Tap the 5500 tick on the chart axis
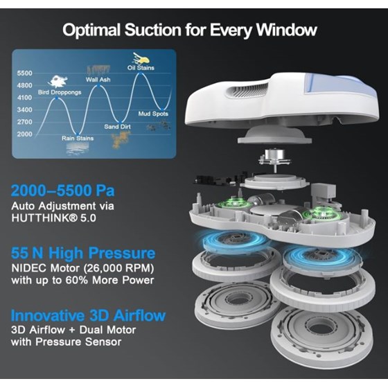24,73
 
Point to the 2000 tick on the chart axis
24,134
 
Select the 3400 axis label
24,109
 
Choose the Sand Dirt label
118,127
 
